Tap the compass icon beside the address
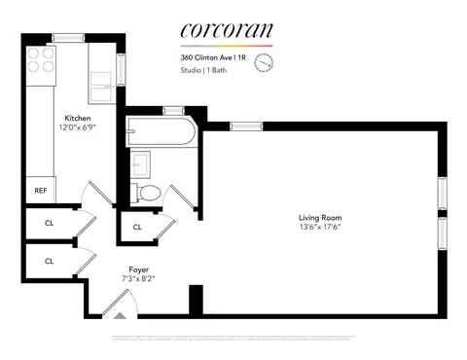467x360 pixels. (263, 63)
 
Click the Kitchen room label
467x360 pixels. (79, 119)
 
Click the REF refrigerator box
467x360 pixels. (41, 191)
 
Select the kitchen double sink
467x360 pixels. (103, 86)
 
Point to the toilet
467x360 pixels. (149, 191)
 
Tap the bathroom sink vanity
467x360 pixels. (138, 162)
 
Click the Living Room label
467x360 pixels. (320, 217)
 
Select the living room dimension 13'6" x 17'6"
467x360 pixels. (320, 227)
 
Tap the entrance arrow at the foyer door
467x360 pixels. (121, 315)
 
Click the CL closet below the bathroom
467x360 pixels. (137, 228)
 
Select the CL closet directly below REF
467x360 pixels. (48, 223)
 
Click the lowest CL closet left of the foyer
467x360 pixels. (48, 261)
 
